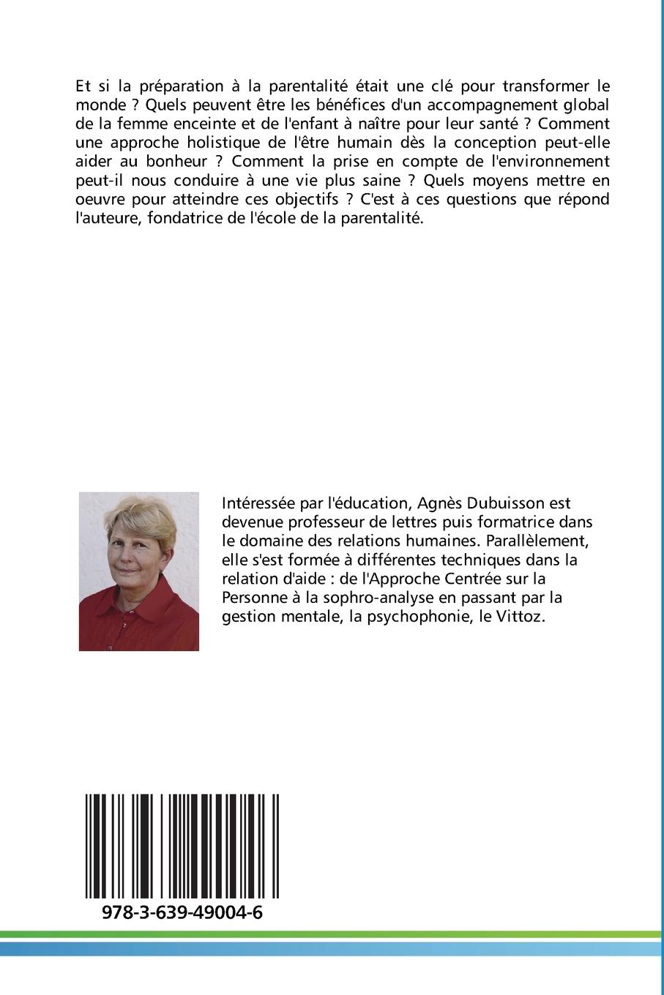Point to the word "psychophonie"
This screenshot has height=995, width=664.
click(428, 617)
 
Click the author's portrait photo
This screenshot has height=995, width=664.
click(139, 571)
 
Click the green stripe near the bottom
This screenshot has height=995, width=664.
click(332, 934)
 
